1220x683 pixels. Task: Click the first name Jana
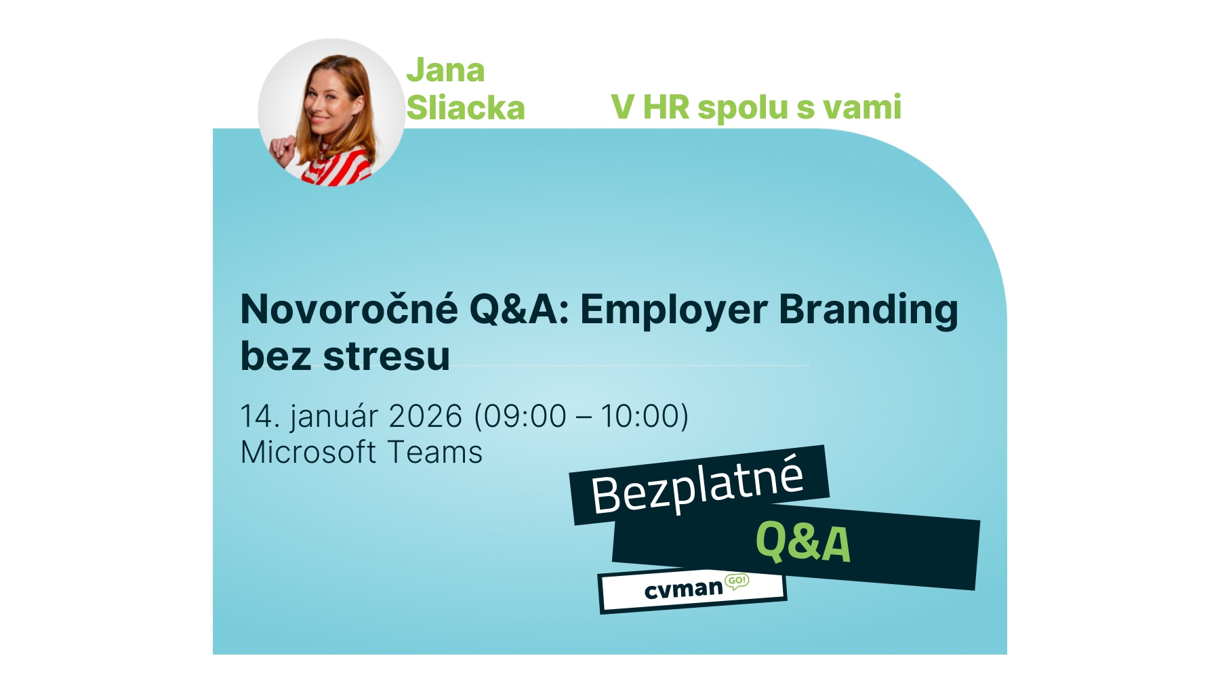click(x=445, y=70)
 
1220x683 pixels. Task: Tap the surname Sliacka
click(x=466, y=108)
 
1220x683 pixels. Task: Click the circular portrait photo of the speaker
click(x=331, y=112)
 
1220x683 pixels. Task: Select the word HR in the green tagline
click(x=666, y=108)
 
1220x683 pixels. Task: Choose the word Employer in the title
click(x=674, y=310)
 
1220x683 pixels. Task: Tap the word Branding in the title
click(x=868, y=310)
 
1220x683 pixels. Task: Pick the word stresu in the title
click(x=386, y=356)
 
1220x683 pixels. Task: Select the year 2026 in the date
click(x=426, y=416)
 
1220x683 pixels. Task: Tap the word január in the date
click(x=334, y=416)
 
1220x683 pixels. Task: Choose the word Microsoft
click(x=308, y=453)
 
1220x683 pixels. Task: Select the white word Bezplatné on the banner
click(x=697, y=484)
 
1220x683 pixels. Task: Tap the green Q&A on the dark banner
click(x=802, y=543)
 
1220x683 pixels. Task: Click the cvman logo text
click(x=683, y=589)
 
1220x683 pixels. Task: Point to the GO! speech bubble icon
click(x=737, y=581)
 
